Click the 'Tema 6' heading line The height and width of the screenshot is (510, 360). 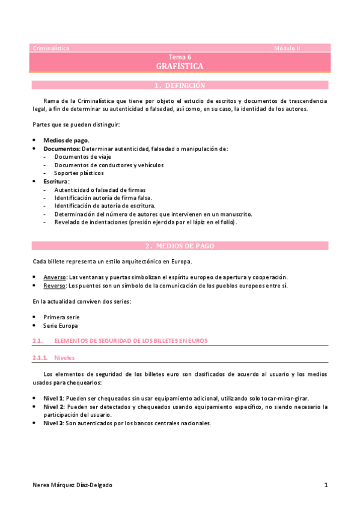[x=180, y=56]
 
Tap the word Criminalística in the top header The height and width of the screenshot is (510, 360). [x=50, y=48]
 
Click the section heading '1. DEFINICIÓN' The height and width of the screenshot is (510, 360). [x=180, y=85]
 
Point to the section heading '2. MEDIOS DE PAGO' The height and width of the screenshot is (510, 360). [x=180, y=246]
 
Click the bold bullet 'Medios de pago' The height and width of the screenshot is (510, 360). [x=66, y=140]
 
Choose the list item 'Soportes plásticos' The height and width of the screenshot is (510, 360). [x=79, y=173]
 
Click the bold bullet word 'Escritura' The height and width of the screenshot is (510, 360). [x=56, y=181]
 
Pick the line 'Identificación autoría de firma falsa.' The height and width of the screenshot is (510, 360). [x=103, y=197]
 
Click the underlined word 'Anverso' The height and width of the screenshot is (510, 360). [x=55, y=277]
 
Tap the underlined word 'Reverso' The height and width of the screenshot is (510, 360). [x=55, y=285]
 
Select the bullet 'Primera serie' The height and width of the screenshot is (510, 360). [x=61, y=316]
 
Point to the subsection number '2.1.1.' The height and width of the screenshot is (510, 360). [x=40, y=357]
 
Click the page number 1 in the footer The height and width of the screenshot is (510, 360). [x=325, y=485]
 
